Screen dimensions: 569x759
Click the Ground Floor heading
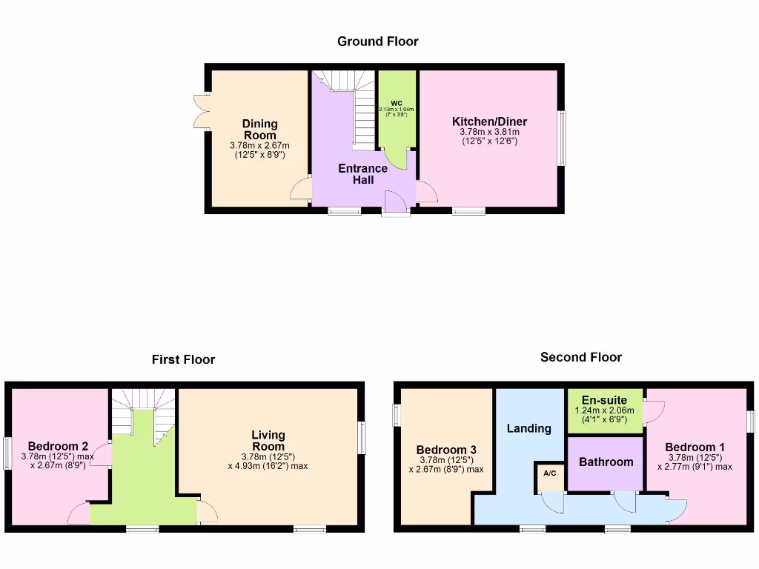point(378,41)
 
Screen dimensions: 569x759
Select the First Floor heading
point(183,359)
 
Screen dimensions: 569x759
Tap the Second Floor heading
point(581,357)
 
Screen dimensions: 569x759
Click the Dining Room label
point(259,129)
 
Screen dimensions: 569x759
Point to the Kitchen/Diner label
point(490,122)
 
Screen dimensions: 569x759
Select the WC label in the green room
point(397,103)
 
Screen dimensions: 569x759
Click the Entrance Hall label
point(362,173)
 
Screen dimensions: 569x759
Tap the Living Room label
point(268,441)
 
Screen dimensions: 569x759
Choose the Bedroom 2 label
point(59,446)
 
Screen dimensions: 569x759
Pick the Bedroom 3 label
point(446,450)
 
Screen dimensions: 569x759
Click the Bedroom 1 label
point(695,447)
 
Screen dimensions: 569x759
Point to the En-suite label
point(604,400)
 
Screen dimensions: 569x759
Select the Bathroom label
point(606,462)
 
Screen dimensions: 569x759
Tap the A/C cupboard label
point(549,473)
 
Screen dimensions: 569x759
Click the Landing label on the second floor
point(529,428)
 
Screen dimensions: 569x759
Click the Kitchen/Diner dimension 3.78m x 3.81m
point(490,133)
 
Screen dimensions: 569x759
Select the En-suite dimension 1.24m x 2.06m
point(604,410)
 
